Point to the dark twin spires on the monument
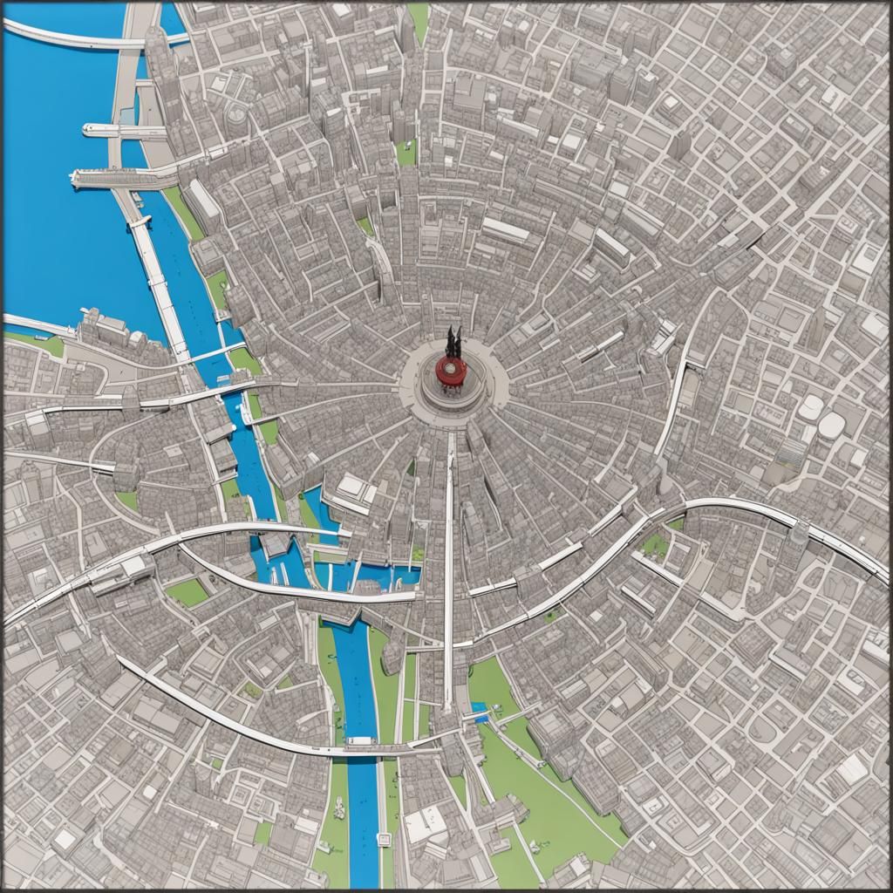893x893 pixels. [453, 342]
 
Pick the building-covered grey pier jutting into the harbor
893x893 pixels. [122, 178]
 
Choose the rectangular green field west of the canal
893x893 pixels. [187, 592]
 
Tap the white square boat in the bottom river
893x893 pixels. [381, 840]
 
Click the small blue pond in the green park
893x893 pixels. [479, 707]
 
